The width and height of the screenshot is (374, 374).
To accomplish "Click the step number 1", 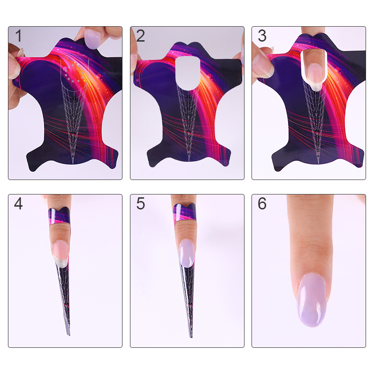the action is click(x=18, y=36).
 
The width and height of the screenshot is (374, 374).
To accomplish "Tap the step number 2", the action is click(x=141, y=36).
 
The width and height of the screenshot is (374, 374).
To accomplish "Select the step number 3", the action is click(x=262, y=36).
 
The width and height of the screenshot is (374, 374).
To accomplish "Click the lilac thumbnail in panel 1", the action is click(x=93, y=39).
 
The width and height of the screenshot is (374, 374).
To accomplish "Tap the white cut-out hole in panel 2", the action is click(x=188, y=73).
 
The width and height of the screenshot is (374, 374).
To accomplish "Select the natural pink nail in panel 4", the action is click(x=61, y=253).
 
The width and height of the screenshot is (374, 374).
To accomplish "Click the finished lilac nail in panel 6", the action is click(x=311, y=300).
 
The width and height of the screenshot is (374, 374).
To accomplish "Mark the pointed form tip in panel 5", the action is click(x=191, y=337).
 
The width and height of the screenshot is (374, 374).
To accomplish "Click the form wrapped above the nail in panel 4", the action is click(x=59, y=216).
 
